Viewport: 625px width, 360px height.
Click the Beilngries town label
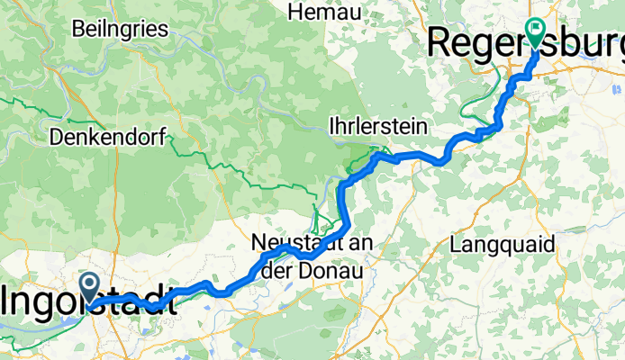pyautogui.click(x=121, y=29)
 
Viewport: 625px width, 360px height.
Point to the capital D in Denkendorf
pyautogui.click(x=58, y=139)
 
